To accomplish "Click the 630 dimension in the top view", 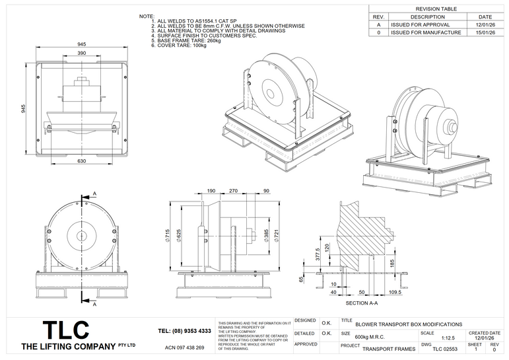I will pos(81,161).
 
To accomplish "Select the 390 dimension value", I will pos(81,52).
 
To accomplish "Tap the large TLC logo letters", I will pos(65,329).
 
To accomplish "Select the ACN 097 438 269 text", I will pos(184,347).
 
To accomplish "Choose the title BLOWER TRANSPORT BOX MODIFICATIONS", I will pos(409,324).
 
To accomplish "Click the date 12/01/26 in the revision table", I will pos(485,24).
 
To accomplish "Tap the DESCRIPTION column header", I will pos(428,17).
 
